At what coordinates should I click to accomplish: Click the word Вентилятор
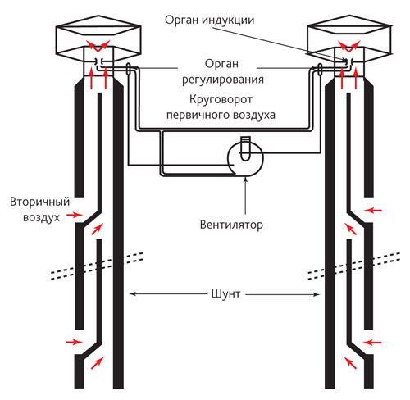pyautogui.click(x=231, y=225)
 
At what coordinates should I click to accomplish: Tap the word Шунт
pyautogui.click(x=225, y=293)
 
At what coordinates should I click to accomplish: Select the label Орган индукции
pyautogui.click(x=209, y=20)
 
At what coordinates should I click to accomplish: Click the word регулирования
pyautogui.click(x=223, y=80)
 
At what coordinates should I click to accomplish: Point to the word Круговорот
pyautogui.click(x=221, y=99)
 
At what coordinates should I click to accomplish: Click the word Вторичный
pyautogui.click(x=40, y=202)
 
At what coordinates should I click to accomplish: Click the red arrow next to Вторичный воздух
pyautogui.click(x=75, y=215)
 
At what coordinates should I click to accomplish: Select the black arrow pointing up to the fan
pyautogui.click(x=246, y=195)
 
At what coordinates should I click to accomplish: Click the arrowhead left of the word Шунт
pyautogui.click(x=132, y=294)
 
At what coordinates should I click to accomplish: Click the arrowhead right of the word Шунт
pyautogui.click(x=317, y=294)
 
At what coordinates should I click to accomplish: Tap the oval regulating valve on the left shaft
pyautogui.click(x=129, y=69)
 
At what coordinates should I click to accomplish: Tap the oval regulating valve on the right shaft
pyautogui.click(x=320, y=69)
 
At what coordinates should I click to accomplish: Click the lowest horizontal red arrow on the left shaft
pyautogui.click(x=74, y=342)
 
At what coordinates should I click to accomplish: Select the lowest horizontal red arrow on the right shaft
pyautogui.click(x=373, y=342)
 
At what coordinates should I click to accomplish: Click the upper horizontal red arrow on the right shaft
pyautogui.click(x=373, y=211)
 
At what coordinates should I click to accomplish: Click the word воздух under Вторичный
pyautogui.click(x=41, y=218)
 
